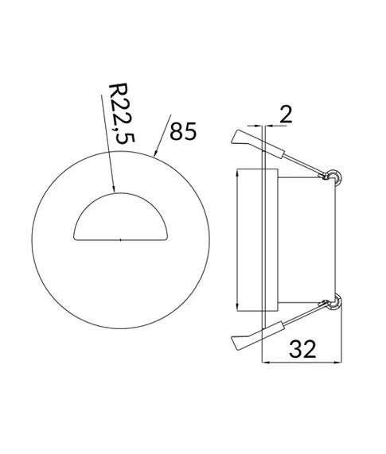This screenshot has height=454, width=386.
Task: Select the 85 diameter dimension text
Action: [182, 131]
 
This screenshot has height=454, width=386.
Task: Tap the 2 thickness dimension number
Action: [286, 114]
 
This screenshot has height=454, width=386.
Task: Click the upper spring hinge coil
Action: [334, 175]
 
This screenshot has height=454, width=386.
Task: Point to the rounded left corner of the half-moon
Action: [76, 231]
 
